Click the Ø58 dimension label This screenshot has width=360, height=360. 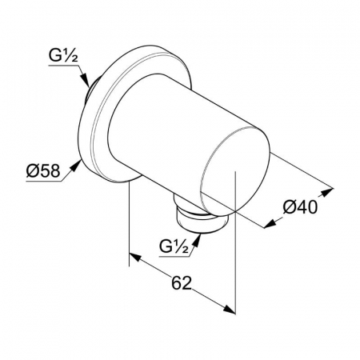(x=43, y=171)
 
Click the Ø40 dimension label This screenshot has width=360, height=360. (x=300, y=207)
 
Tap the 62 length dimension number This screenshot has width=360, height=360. (x=182, y=283)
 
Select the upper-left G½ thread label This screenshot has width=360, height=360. (x=63, y=56)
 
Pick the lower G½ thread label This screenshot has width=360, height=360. (x=174, y=246)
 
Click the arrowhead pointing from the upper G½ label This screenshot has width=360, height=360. (x=85, y=80)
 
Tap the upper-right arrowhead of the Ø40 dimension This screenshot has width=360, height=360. (x=326, y=192)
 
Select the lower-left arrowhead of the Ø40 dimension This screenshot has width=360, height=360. (x=270, y=224)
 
